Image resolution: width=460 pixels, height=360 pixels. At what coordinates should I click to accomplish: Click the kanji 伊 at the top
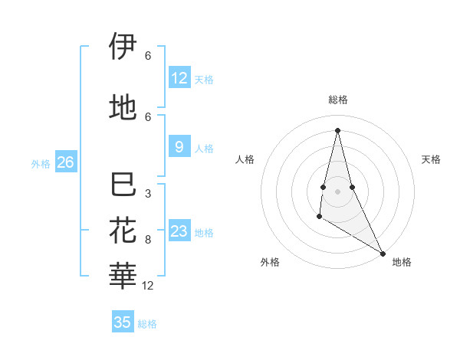coord(123,47)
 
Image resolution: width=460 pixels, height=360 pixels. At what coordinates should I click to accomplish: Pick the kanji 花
coord(123,231)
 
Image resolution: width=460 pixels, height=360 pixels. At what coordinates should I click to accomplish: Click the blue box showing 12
coord(179,78)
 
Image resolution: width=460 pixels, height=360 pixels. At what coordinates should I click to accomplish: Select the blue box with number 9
coord(179,148)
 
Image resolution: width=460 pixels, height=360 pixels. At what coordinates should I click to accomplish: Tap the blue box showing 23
coord(179,231)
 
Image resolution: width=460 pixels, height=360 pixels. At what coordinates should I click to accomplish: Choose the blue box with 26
coord(65,162)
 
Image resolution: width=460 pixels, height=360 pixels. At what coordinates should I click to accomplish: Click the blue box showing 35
coord(123,322)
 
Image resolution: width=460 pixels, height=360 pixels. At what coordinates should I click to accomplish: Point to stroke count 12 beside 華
coord(148,286)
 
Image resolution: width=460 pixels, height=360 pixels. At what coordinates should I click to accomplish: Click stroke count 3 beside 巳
coord(148,194)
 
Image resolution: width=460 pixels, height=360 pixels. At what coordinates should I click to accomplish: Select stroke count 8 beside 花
coord(148,240)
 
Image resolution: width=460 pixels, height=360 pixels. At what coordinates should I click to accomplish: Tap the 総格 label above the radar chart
coord(338,100)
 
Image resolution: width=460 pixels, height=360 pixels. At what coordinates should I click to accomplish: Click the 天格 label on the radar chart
coord(431,159)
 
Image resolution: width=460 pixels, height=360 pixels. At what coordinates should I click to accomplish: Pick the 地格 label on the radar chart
coord(402,262)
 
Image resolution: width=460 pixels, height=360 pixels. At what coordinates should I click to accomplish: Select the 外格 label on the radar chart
coord(270,262)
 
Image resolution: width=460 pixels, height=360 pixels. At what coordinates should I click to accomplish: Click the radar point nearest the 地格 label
coord(384,254)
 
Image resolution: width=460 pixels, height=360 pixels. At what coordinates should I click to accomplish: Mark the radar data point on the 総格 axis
coord(337,129)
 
